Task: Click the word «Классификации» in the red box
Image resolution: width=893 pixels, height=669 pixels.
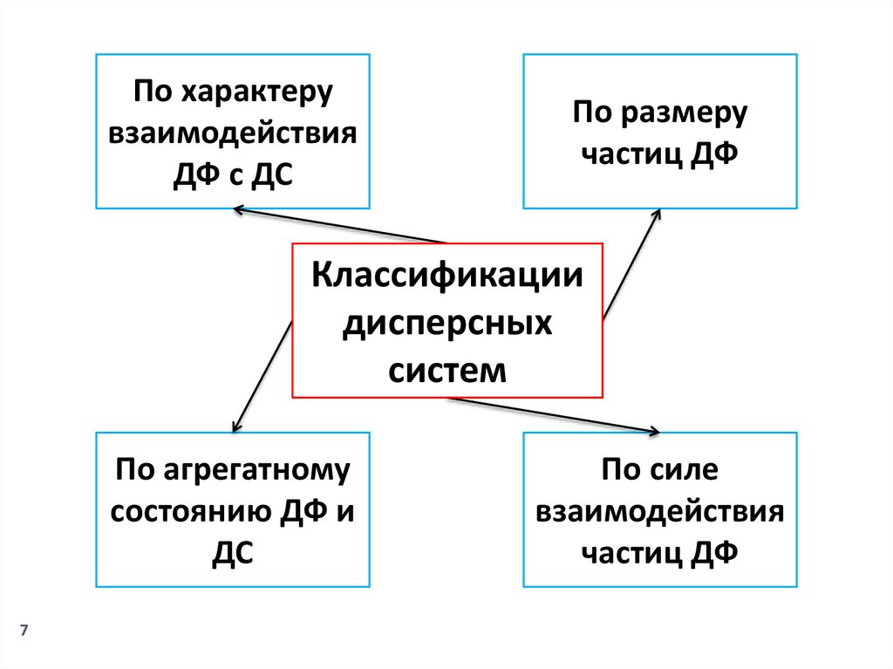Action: [x=446, y=278]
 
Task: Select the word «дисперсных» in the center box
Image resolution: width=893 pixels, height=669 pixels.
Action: [x=446, y=325]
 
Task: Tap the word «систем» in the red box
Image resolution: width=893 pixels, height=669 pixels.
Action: [x=446, y=370]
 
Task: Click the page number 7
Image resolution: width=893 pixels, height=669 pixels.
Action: [x=24, y=631]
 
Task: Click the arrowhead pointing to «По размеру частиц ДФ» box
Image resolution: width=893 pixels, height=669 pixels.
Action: [x=657, y=215]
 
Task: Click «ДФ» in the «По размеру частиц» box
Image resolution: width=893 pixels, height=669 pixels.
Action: [x=716, y=154]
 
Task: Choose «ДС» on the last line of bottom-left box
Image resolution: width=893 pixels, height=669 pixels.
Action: [x=232, y=553]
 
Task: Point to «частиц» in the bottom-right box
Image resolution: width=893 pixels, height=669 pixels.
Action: [x=631, y=553]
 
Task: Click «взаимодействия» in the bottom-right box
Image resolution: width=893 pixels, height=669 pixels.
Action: [x=660, y=512]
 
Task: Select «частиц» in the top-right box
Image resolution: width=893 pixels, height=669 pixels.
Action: [x=631, y=154]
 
